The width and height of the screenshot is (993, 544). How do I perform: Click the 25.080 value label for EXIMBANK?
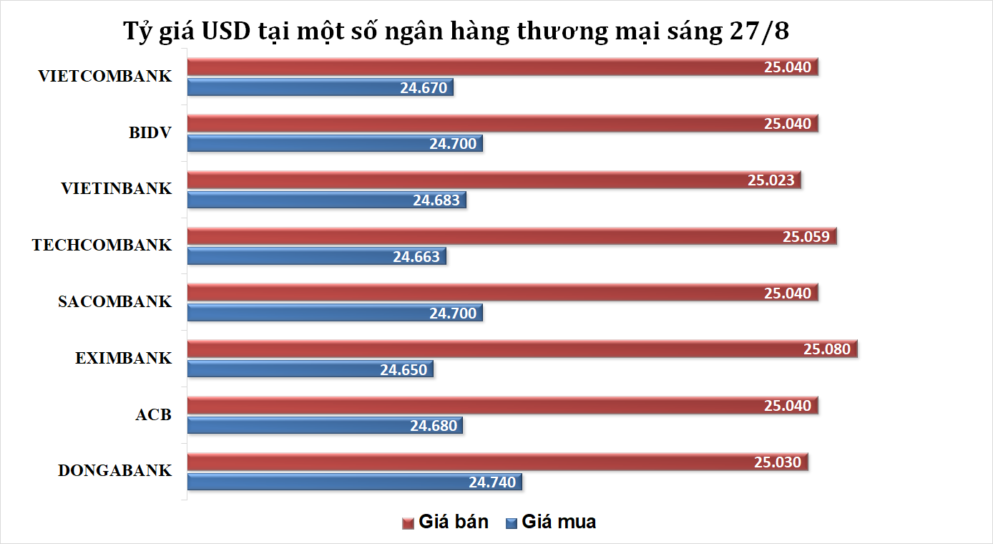click(827, 349)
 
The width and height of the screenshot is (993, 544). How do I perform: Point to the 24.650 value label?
click(403, 370)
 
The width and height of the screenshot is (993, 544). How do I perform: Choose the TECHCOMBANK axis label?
click(102, 246)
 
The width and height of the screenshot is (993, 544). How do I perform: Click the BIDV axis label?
click(150, 132)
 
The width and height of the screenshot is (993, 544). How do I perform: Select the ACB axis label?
click(153, 414)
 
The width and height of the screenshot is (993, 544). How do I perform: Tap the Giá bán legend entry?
click(446, 522)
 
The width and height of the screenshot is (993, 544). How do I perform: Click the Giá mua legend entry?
click(550, 522)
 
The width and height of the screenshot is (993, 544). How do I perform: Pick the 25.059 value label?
click(806, 236)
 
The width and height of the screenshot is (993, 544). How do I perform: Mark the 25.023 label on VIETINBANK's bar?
click(771, 180)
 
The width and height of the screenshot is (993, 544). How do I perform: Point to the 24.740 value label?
click(492, 482)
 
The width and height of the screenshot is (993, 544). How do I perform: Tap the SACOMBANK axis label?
click(114, 301)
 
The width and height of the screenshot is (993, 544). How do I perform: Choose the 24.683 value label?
click(436, 200)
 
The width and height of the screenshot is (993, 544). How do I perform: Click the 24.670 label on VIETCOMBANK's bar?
click(424, 88)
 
